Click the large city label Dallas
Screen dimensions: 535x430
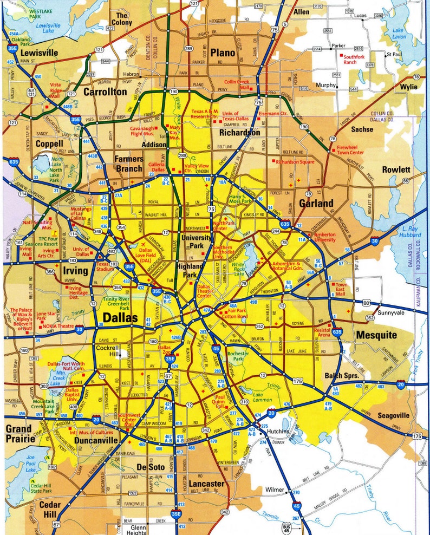pos(120,317)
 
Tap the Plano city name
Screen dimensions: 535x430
pos(223,53)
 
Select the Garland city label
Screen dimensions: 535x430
pos(316,203)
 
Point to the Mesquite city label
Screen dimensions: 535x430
pos(376,335)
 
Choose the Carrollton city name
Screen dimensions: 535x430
pos(105,92)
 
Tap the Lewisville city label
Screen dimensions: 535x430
pos(40,53)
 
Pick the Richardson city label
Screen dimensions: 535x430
pos(239,132)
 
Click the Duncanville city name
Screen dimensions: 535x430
pos(94,441)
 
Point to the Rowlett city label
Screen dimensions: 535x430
pos(396,169)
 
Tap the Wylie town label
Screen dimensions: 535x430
pos(409,86)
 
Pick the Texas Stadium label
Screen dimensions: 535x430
pos(106,266)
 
